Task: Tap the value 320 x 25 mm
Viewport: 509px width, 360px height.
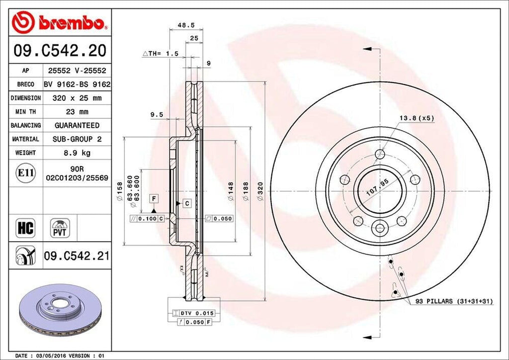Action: [77, 98]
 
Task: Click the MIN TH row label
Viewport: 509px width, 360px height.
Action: [25, 112]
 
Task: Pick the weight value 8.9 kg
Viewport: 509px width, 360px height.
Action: [77, 153]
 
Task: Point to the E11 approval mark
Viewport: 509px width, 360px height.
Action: [25, 173]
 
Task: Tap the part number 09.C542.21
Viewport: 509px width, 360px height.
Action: [77, 257]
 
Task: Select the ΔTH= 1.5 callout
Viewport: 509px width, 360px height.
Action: [161, 53]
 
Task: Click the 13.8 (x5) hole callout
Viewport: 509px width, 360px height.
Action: [417, 118]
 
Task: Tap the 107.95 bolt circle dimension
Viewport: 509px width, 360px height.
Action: [377, 189]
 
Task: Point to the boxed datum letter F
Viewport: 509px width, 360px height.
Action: [155, 199]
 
